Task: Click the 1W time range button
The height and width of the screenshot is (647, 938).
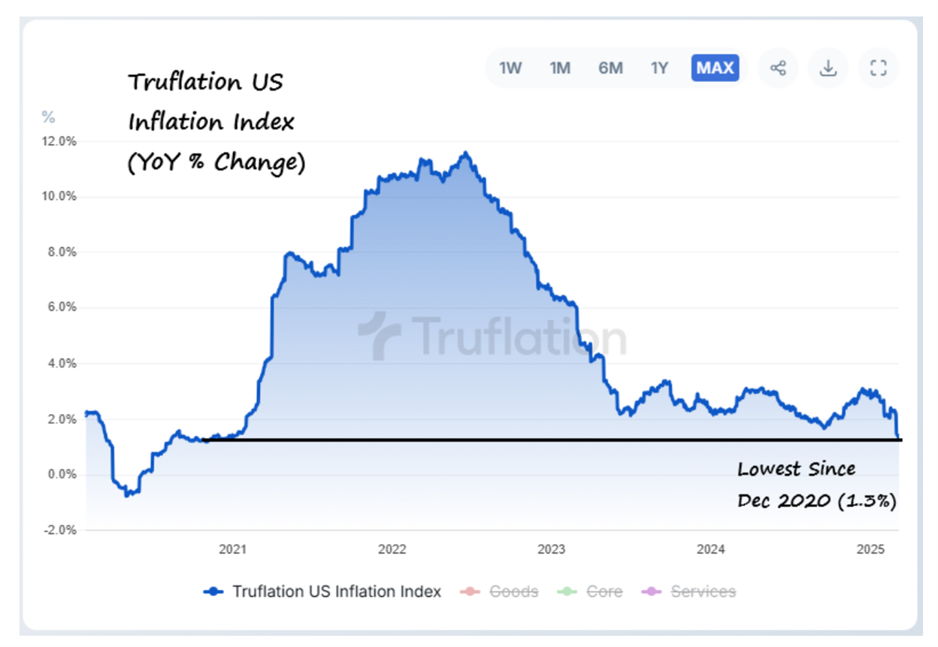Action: (510, 68)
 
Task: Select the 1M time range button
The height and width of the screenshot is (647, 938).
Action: (560, 68)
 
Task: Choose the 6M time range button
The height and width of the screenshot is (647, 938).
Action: (610, 68)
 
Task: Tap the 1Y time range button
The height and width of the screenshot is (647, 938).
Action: (659, 68)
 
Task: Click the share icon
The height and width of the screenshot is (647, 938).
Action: (778, 68)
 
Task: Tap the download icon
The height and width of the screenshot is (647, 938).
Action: (828, 68)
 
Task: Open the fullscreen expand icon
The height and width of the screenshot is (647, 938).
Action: (878, 68)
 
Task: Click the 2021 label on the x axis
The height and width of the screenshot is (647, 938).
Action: (232, 550)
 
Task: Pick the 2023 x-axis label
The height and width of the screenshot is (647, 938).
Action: (551, 550)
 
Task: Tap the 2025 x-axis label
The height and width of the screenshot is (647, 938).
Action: (872, 550)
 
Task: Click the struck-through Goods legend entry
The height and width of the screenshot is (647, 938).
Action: (513, 592)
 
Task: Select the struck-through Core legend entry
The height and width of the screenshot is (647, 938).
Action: (604, 592)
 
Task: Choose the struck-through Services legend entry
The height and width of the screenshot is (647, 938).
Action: (703, 592)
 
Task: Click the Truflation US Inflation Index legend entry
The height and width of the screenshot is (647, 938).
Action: (336, 592)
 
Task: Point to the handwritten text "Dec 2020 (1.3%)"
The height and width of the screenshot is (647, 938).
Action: (816, 500)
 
